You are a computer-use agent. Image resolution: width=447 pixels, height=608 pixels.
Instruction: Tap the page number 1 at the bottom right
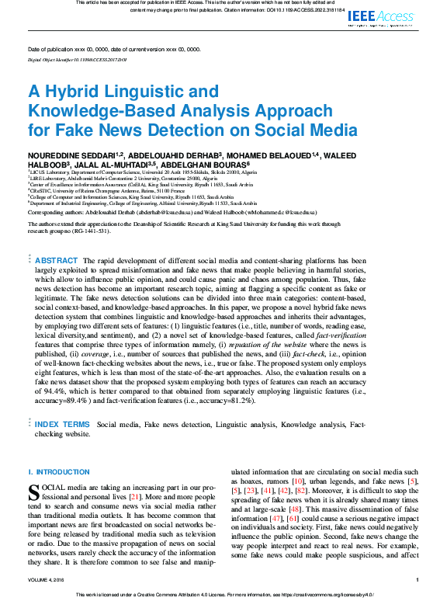pos(418,579)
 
